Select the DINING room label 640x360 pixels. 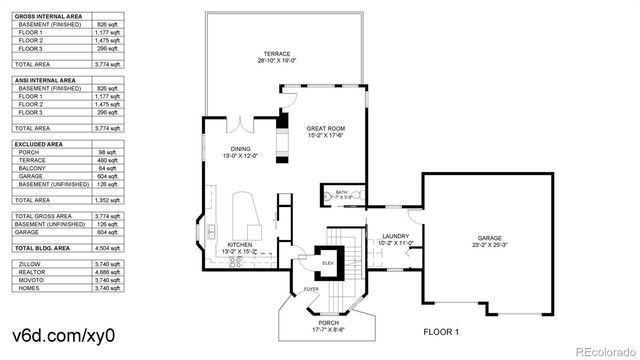coord(240,150)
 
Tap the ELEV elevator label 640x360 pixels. coord(327,263)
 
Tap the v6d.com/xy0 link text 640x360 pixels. coord(57,332)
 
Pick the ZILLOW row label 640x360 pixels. coord(30,263)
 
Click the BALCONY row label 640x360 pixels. coord(32,169)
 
